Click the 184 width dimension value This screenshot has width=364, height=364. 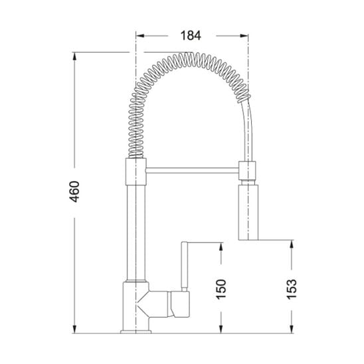tap(191, 36)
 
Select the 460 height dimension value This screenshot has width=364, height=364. tap(75, 191)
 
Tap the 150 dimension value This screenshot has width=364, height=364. tap(221, 289)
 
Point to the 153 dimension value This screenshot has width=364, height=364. tap(292, 289)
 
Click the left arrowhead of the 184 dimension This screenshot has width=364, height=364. tap(140, 36)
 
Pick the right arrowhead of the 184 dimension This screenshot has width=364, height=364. tap(244, 36)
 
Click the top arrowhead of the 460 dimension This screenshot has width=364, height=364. tap(74, 56)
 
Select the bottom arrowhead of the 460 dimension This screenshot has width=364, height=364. tap(74, 329)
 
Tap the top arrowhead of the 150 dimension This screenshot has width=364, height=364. tap(221, 246)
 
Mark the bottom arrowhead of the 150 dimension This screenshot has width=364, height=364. tap(221, 329)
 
